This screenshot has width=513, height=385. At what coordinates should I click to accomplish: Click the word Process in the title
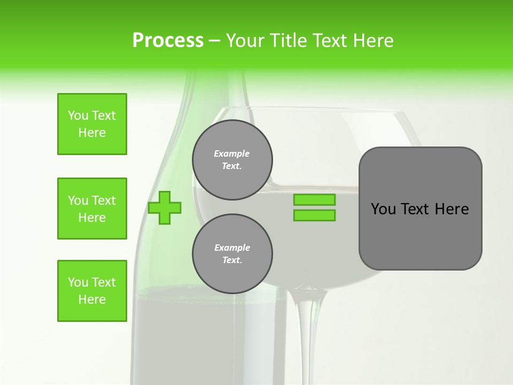pos(168,41)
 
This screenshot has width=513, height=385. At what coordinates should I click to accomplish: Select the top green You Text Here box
pos(92,124)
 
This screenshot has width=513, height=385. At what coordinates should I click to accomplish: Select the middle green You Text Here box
pos(92,209)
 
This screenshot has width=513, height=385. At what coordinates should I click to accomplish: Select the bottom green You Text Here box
pos(92,291)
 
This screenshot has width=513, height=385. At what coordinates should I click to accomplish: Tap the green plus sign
pos(165,207)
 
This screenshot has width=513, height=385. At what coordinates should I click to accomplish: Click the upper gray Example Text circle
pos(232,160)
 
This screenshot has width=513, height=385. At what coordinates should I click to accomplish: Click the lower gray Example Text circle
pos(232,254)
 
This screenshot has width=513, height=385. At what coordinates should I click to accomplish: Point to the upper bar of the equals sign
pos(314,200)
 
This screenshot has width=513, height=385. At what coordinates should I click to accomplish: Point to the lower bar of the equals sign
pos(314,215)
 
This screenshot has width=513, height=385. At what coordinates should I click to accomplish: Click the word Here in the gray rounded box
pos(452,209)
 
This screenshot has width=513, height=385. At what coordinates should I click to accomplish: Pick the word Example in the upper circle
pos(232,153)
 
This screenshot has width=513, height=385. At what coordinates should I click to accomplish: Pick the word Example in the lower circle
pos(232,248)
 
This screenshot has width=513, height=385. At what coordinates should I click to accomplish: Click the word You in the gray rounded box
pos(383,209)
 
